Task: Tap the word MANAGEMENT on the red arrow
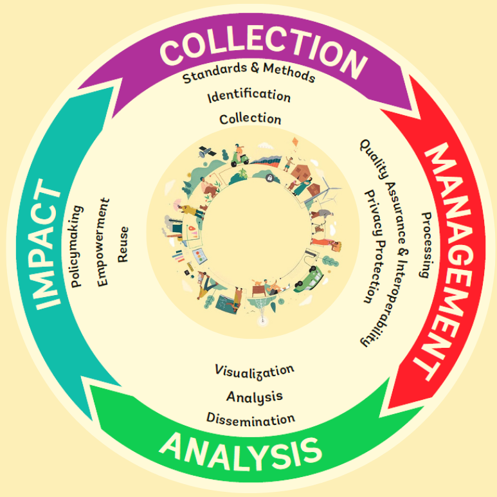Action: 447,259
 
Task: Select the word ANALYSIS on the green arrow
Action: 240,452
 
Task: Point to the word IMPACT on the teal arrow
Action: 48,244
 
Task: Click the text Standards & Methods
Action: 249,73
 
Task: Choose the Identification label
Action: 249,96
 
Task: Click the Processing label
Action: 426,245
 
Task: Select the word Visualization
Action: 255,372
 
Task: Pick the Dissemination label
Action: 251,419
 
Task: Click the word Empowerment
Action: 103,242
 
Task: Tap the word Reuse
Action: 123,244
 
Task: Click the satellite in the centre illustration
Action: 206,152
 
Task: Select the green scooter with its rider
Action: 239,156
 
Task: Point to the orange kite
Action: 295,142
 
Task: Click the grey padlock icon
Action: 269,178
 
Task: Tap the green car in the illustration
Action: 308,278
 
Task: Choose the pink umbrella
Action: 179,203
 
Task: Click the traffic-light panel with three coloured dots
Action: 199,256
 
